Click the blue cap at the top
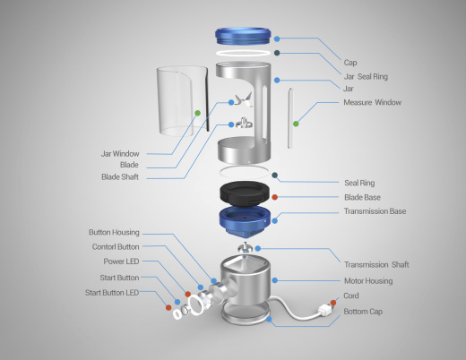coord(243,36)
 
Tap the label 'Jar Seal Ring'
coord(366,77)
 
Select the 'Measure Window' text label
coord(372,102)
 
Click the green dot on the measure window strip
coord(296,124)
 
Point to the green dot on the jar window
coord(197,113)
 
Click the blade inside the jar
coord(244,99)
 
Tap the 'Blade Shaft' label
coord(120,177)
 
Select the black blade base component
coord(245,193)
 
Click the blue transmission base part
coord(245,220)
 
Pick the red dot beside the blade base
coord(275,197)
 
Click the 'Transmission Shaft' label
coord(376,265)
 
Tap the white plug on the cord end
coord(324,310)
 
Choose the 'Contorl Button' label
coord(116,247)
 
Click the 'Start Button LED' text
coord(112,293)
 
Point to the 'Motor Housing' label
coord(368,281)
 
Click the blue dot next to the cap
coord(277,39)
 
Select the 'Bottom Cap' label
coord(363,312)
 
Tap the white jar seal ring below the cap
coord(243,53)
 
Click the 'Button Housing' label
coord(114,232)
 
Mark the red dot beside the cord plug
coord(333,303)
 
